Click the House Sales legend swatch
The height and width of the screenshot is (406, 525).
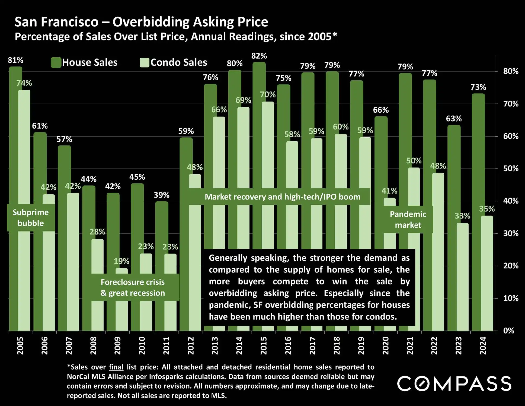56,62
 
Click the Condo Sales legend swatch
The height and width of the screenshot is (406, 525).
144,62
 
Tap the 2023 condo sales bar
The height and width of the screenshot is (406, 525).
462,277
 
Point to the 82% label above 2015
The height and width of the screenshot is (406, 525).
259,56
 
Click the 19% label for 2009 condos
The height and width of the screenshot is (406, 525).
121,261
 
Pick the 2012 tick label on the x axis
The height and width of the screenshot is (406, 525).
191,345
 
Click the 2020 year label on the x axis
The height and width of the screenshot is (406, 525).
385,345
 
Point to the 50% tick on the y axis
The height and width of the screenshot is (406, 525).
511,169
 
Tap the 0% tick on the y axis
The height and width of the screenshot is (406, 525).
509,331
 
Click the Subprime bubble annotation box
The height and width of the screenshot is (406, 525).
31,218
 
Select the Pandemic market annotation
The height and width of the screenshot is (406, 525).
408,220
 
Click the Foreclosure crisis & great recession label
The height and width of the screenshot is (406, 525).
133,287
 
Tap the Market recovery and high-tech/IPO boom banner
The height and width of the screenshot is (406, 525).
282,197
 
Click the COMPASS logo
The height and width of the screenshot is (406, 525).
454,383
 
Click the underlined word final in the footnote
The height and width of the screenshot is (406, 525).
116,367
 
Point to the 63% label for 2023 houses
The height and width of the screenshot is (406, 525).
454,119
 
